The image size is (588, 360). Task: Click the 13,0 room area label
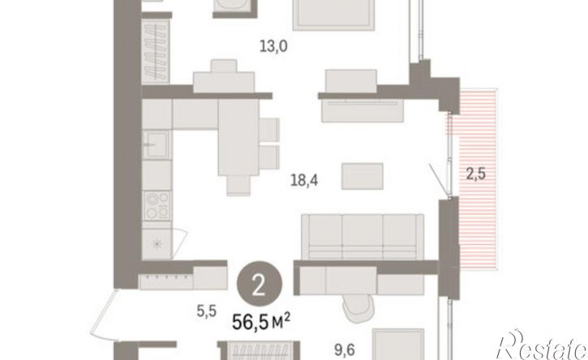[274, 46]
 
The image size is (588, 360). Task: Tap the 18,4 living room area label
[304, 181]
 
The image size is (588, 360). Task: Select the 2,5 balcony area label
[476, 174]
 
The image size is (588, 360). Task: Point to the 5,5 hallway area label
[207, 311]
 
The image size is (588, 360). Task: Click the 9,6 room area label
[344, 350]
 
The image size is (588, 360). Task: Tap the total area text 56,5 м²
[261, 321]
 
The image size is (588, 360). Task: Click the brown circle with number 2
[259, 284]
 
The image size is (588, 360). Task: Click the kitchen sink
[157, 144]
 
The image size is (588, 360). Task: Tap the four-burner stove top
[157, 205]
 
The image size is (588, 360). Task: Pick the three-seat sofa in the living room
[363, 236]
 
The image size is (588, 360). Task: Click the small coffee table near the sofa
[363, 176]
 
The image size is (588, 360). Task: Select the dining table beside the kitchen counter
[238, 137]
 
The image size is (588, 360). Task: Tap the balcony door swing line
[440, 180]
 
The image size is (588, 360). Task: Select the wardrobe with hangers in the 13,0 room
[156, 51]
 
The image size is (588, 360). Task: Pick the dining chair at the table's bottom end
[238, 186]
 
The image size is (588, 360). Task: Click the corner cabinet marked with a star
[157, 244]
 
